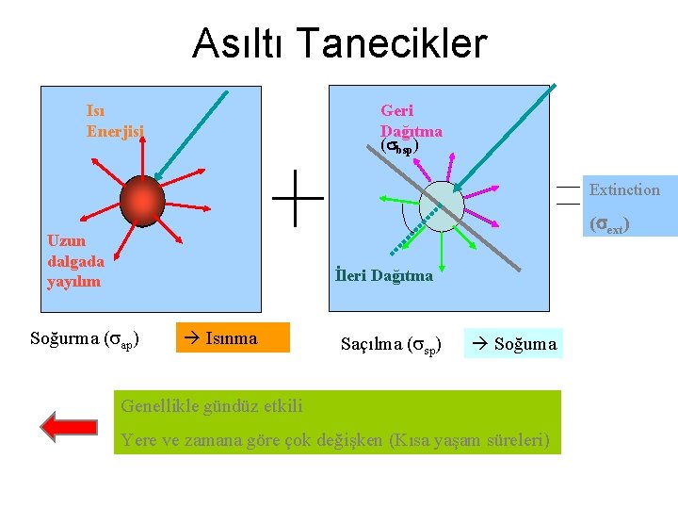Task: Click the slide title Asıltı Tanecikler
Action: click(339, 43)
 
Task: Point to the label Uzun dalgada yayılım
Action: click(75, 260)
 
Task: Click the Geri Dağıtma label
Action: click(411, 121)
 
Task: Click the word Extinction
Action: click(624, 189)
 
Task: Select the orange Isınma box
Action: click(233, 338)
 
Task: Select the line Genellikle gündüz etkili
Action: click(212, 406)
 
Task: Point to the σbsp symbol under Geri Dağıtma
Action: click(398, 148)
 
